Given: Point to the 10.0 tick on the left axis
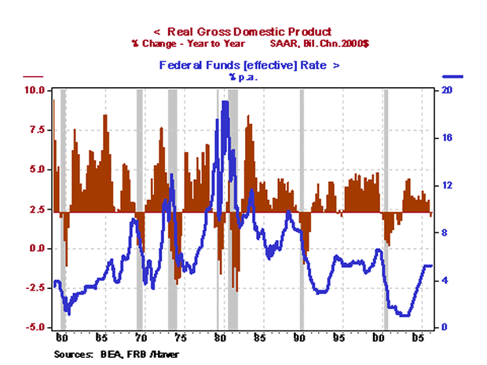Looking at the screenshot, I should point(35,90).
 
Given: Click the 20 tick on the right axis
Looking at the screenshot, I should point(447,90).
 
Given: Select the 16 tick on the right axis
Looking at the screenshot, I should point(447,138).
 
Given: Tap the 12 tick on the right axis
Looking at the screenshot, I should point(447,185).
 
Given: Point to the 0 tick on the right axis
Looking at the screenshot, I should point(445,327).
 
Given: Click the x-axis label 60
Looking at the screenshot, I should point(62,338).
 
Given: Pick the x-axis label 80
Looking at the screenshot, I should point(220,338).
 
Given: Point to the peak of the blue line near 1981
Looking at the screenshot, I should point(225,102).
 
